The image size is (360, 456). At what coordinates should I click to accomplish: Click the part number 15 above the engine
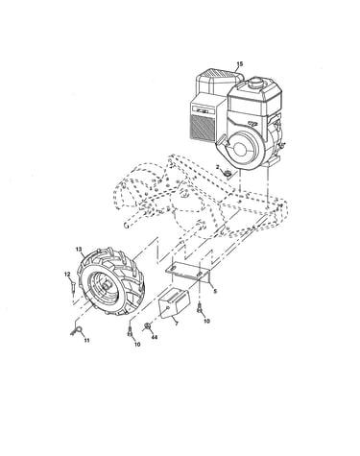240,63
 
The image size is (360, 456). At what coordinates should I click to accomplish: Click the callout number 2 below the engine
218,167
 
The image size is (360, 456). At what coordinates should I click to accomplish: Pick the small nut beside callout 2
228,175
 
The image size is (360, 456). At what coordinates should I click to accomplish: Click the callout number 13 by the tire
79,249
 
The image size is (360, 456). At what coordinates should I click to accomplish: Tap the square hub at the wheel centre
107,285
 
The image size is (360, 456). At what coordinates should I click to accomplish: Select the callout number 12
67,275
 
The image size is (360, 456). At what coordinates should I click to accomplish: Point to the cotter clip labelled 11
76,330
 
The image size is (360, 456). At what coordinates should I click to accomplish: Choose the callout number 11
86,341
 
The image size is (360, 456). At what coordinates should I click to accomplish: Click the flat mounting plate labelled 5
187,271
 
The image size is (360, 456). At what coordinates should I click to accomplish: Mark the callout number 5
215,291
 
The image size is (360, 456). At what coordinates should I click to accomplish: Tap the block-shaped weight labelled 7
175,303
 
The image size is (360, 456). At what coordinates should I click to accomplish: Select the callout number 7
177,324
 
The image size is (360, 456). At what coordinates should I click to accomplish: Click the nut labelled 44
148,325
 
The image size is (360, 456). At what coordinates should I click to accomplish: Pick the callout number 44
155,337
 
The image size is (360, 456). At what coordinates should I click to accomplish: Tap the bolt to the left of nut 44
130,331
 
